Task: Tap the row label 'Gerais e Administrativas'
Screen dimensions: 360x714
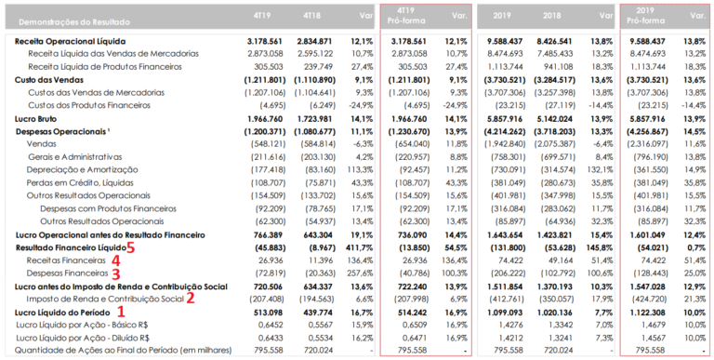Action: coord(76,158)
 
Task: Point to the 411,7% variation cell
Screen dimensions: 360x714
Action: coord(359,248)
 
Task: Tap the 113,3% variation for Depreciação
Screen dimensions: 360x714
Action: coord(359,171)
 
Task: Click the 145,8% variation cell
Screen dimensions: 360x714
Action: coord(598,248)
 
